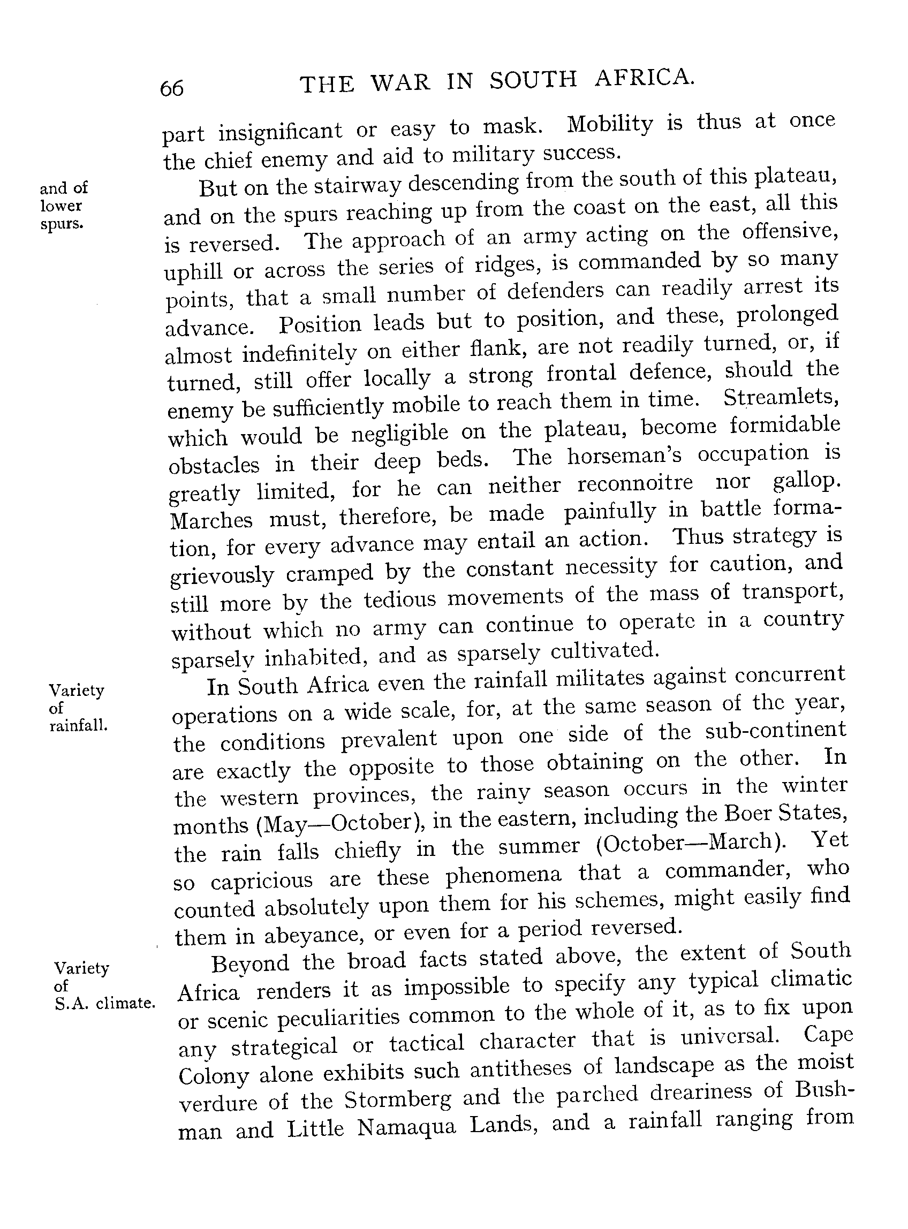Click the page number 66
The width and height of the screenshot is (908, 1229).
pos(171,88)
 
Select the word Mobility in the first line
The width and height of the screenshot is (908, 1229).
pos(610,125)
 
